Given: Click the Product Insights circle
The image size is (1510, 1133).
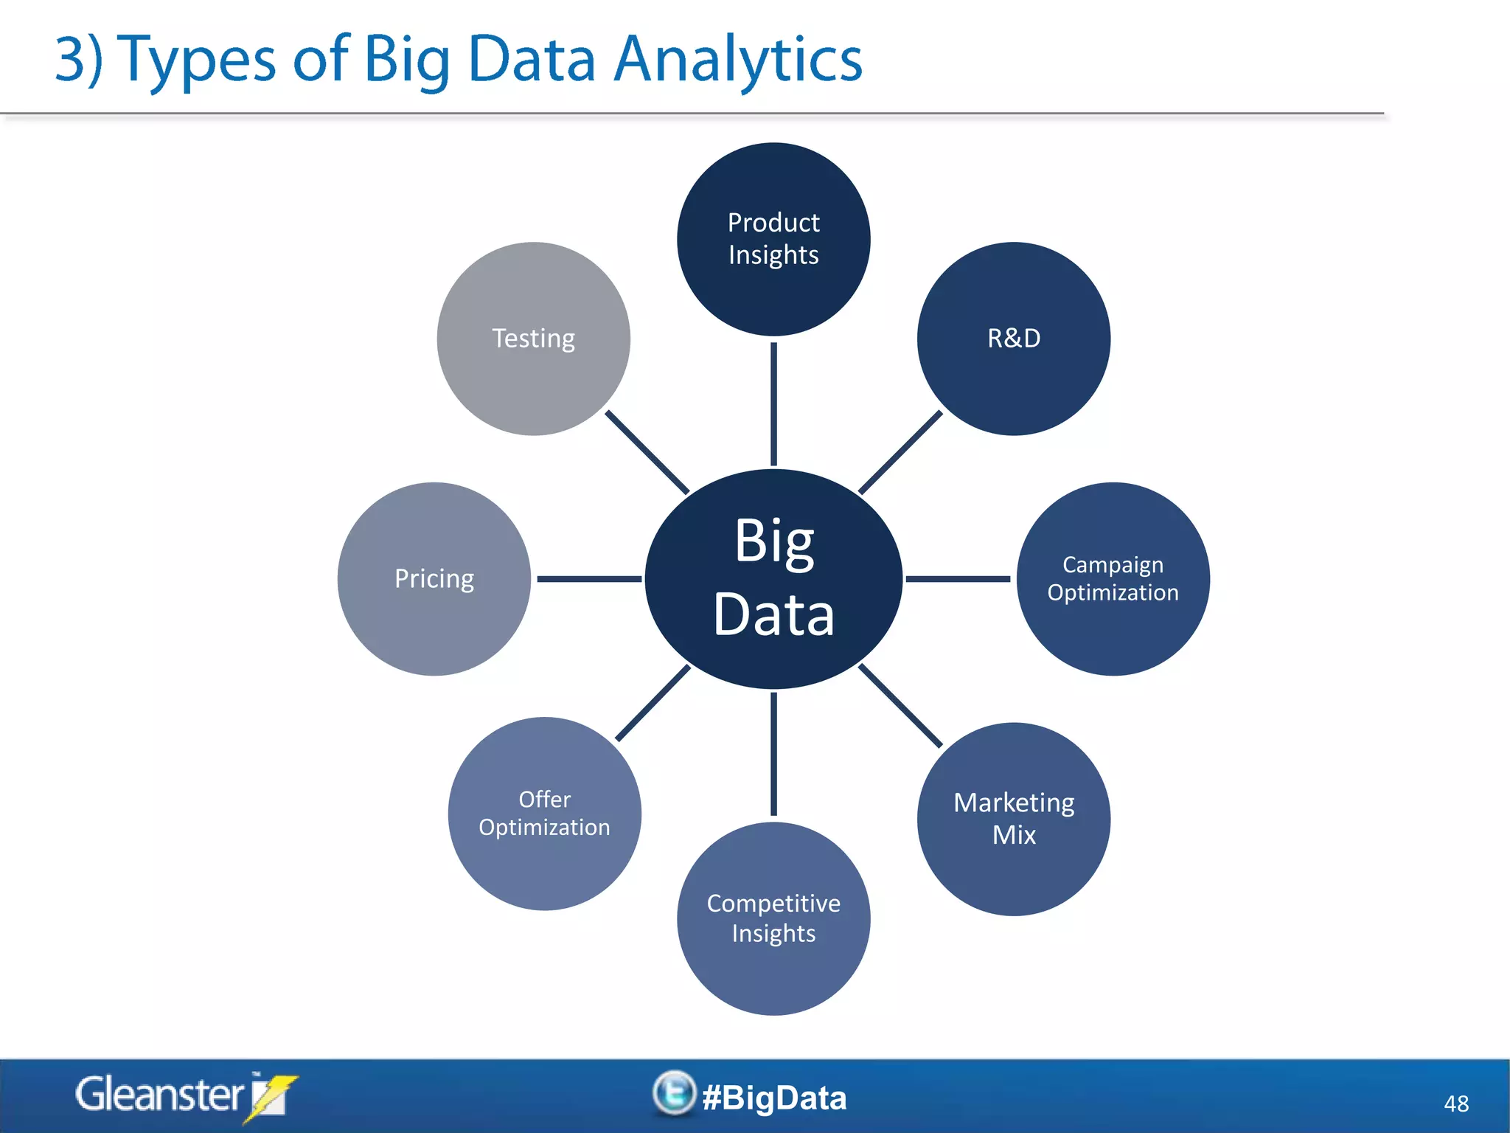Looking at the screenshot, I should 773,239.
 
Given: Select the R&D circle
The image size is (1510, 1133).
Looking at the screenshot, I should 1013,339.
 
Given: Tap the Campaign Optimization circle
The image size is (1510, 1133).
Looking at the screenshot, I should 1113,579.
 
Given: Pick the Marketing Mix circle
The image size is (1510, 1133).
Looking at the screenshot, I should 1013,819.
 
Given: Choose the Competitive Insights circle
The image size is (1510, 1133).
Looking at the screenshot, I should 773,918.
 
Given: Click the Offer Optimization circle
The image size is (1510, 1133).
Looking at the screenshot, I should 544,814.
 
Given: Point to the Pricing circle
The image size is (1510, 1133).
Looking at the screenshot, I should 434,579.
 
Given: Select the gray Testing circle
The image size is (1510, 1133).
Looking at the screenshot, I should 533,339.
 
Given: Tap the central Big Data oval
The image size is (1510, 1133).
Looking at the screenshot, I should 773,579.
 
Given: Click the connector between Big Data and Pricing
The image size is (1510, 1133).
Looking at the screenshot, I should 588,579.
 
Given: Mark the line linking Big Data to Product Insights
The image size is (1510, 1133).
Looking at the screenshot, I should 773,404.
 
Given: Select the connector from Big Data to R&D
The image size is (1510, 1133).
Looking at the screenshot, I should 900,452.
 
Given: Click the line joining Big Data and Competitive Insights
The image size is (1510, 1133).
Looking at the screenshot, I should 773,754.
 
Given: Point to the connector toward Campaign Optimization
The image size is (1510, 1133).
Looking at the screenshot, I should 957,579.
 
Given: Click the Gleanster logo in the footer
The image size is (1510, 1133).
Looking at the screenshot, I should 184,1095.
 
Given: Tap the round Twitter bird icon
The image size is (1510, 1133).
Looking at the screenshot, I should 674,1092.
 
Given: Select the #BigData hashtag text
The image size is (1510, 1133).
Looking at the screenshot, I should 774,1098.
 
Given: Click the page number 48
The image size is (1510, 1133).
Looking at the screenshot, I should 1455,1103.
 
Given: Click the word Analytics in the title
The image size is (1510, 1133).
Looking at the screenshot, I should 737,60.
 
